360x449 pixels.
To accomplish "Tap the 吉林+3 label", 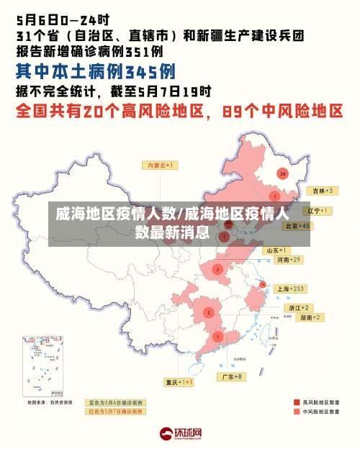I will tap(320, 191).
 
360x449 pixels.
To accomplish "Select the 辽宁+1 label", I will tap(317, 211).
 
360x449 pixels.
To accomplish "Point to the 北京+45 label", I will tap(297, 225).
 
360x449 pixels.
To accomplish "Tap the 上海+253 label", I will tap(291, 289).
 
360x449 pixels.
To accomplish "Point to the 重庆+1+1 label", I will tap(179, 382).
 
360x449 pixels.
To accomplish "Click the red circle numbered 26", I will tap(283, 173).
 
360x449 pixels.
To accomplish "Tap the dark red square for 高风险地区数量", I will tap(297, 402).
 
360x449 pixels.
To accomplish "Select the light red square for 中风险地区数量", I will tap(297, 412).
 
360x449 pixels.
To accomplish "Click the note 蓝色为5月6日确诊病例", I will tap(116, 403).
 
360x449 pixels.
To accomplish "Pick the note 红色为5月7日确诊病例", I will tap(116, 412).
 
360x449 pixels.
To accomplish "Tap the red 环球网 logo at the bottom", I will tap(180, 434).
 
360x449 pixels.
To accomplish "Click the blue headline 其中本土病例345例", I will tap(96, 72).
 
